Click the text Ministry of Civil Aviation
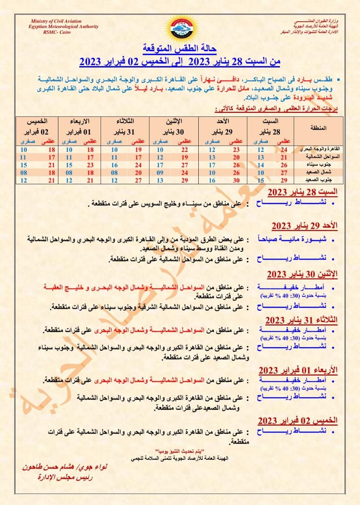coord(56,21)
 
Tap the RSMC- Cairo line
coord(58,32)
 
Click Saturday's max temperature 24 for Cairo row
coord(283,150)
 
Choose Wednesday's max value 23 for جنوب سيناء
coord(90,165)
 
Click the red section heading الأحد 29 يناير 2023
coord(305,226)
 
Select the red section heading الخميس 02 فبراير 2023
coord(298,420)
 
